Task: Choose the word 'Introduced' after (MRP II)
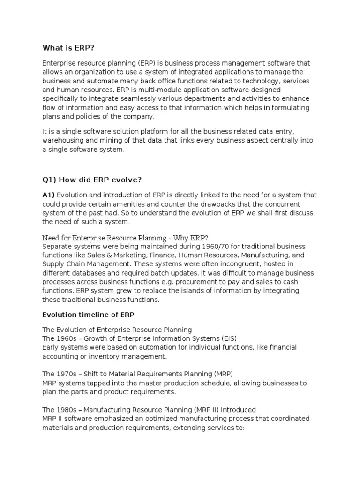pos(238,409)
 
